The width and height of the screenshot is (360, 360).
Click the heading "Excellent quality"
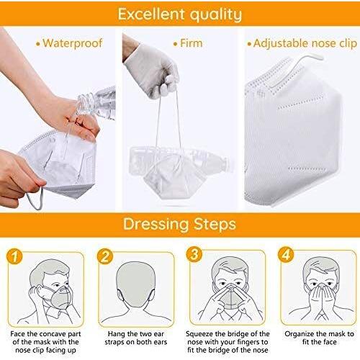[x=180, y=14]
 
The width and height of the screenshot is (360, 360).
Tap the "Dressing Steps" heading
[x=179, y=224]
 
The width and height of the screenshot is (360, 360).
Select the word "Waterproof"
[x=73, y=43]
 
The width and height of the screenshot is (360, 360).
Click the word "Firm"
[x=192, y=43]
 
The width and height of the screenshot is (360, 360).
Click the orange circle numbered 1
[x=14, y=256]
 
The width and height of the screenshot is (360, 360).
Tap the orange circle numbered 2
[x=105, y=256]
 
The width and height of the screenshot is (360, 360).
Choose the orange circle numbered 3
[x=194, y=254]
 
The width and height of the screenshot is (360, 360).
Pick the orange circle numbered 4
[x=286, y=254]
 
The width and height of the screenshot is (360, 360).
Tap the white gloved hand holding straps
[x=152, y=72]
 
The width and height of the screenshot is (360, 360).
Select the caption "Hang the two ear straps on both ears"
[x=135, y=338]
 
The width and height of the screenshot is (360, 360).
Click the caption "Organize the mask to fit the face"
[x=319, y=338]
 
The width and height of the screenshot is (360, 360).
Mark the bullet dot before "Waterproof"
[x=37, y=44]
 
